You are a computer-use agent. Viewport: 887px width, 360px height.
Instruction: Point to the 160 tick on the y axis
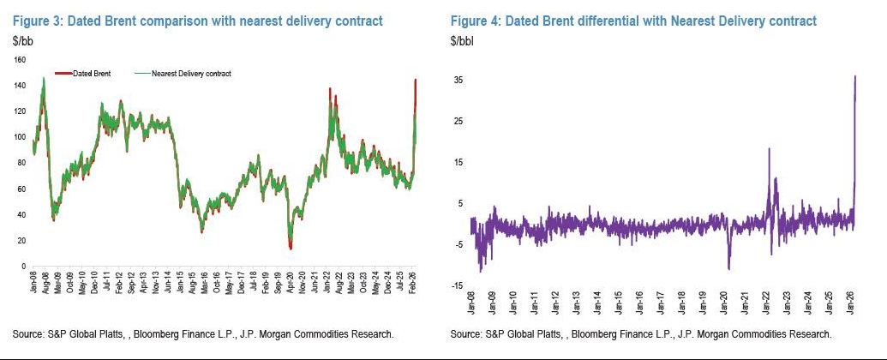pos(21,61)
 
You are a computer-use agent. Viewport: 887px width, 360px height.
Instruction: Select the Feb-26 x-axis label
pos(413,283)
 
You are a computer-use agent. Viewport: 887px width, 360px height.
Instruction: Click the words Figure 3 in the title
pos(33,20)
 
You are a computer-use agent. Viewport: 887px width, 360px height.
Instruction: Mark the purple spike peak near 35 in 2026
pos(855,76)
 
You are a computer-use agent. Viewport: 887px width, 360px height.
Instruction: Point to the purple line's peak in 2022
pos(769,148)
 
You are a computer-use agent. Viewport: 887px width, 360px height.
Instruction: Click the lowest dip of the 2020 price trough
pos(291,248)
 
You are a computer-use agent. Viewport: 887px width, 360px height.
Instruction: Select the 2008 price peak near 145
pos(43,78)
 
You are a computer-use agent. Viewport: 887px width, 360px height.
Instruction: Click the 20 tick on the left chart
pos(22,241)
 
